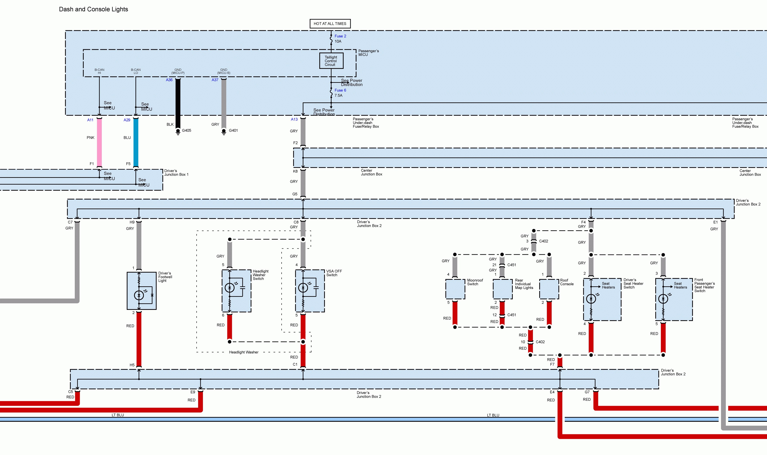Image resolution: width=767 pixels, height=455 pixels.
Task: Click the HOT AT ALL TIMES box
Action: pyautogui.click(x=330, y=24)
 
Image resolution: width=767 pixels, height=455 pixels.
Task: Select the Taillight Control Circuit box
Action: pyautogui.click(x=331, y=61)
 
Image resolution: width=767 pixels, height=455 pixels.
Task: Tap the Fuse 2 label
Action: pyautogui.click(x=340, y=36)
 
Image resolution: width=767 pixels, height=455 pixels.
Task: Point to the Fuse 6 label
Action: pyautogui.click(x=340, y=90)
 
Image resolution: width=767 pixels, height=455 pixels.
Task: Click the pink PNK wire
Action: pyautogui.click(x=99, y=143)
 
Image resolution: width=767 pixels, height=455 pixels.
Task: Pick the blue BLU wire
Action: pyautogui.click(x=136, y=143)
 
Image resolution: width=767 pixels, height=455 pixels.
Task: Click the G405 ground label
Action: pyautogui.click(x=186, y=130)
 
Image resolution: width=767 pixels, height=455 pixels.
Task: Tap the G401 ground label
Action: pyautogui.click(x=233, y=130)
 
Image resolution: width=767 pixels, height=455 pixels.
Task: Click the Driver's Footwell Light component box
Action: pyautogui.click(x=142, y=291)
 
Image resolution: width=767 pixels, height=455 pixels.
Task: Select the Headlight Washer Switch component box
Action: pyautogui.click(x=236, y=291)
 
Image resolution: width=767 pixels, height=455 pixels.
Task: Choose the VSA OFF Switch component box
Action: pyautogui.click(x=310, y=291)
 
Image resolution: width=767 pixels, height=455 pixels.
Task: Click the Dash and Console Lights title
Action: pyautogui.click(x=93, y=9)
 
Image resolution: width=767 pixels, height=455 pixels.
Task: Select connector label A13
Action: pyautogui.click(x=294, y=119)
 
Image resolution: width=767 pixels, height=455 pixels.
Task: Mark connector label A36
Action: pyautogui.click(x=169, y=80)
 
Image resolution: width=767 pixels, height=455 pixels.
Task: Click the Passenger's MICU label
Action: pyautogui.click(x=368, y=53)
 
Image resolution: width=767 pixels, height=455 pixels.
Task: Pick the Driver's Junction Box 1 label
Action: pyautogui.click(x=176, y=173)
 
